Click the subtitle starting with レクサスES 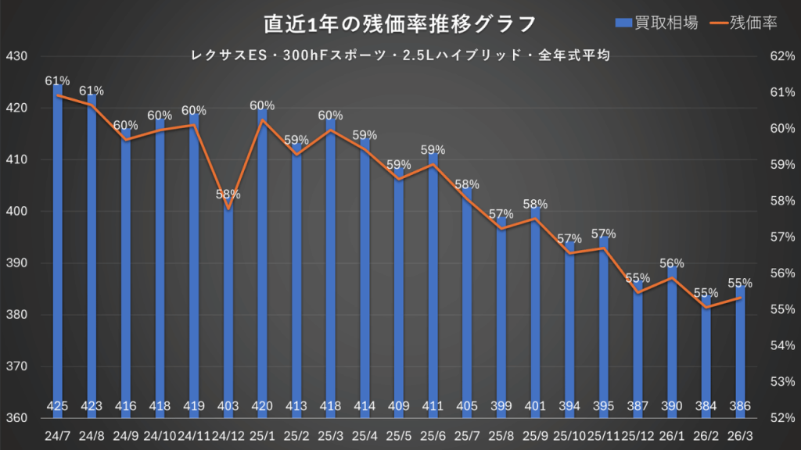[x=400, y=55]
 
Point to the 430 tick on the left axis [x=16, y=57]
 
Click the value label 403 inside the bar [x=228, y=406]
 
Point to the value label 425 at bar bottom [x=58, y=406]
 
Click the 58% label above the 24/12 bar [x=228, y=194]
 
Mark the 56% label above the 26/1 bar [x=671, y=263]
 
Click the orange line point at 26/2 [x=706, y=308]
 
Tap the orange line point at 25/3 [x=330, y=130]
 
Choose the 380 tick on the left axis [x=16, y=315]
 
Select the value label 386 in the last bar [x=739, y=406]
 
